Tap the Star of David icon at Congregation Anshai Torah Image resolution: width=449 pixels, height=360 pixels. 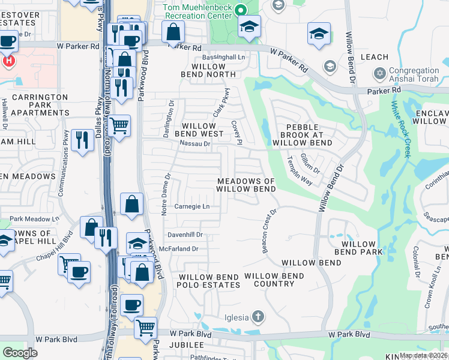point(379,73)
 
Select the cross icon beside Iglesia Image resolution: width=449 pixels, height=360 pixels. point(258,316)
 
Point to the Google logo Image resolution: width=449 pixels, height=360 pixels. point(20,353)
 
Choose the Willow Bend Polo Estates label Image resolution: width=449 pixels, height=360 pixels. point(209,280)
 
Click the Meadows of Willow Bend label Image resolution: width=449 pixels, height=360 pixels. point(246,185)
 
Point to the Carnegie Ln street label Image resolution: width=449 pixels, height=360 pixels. point(192,207)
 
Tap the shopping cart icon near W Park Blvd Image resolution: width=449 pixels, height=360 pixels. point(145,328)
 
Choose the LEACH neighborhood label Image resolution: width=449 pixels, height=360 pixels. point(375,57)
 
